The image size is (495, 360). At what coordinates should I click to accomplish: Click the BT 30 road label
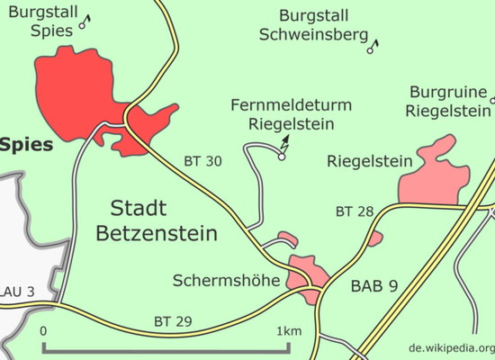(x=203, y=161)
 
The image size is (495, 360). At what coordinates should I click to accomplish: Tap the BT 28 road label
(x=355, y=211)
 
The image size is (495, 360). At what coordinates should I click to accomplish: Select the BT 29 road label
(x=173, y=321)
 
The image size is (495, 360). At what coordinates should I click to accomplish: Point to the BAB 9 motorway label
(x=374, y=286)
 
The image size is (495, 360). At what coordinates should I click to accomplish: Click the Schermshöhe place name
(x=226, y=281)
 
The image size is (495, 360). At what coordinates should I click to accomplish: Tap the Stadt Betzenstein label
(x=157, y=220)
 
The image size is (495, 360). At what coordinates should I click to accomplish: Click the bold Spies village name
(x=26, y=145)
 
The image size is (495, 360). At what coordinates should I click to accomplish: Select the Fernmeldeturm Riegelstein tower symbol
(x=283, y=148)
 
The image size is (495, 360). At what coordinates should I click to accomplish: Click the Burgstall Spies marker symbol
(x=85, y=22)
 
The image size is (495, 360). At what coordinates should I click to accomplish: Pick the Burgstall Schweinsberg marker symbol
(x=373, y=47)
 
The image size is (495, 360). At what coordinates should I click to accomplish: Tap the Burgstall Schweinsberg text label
(x=314, y=25)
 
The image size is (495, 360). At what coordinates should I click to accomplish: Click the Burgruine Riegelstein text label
(x=448, y=102)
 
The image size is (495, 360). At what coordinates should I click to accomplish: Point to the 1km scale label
(x=289, y=331)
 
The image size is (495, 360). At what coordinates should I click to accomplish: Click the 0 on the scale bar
(x=43, y=331)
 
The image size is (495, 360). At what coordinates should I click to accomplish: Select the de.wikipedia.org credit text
(x=452, y=348)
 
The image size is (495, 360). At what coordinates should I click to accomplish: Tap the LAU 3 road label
(x=17, y=292)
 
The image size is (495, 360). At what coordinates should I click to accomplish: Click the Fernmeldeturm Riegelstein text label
(x=291, y=114)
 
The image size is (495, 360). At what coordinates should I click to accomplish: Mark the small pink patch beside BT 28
(x=375, y=238)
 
